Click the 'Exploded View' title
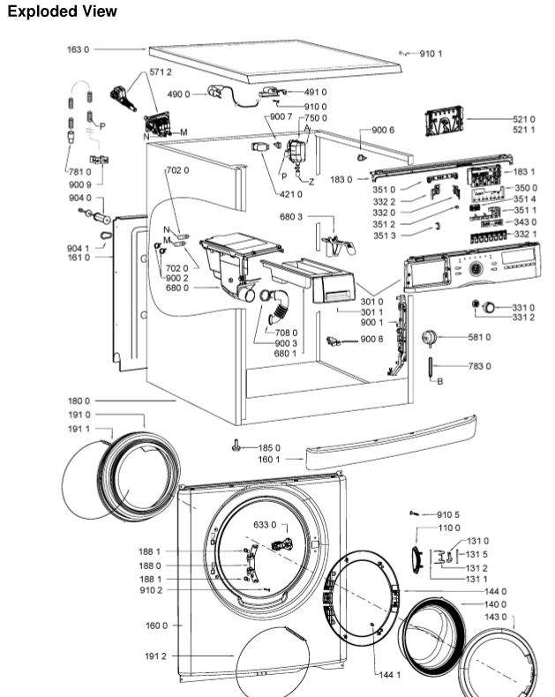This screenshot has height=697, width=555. (62, 12)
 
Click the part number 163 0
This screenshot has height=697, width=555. (78, 49)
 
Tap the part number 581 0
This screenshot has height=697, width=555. (479, 337)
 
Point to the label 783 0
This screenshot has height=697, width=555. (479, 365)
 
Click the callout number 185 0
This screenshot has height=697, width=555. (269, 447)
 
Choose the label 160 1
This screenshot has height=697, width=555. (269, 460)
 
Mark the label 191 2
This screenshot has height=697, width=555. (154, 656)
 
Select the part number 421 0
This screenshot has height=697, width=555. (289, 194)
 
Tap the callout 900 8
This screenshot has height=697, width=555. (372, 340)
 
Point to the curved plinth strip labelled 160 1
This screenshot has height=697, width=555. (388, 442)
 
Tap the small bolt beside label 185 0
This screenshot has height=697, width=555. (236, 446)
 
